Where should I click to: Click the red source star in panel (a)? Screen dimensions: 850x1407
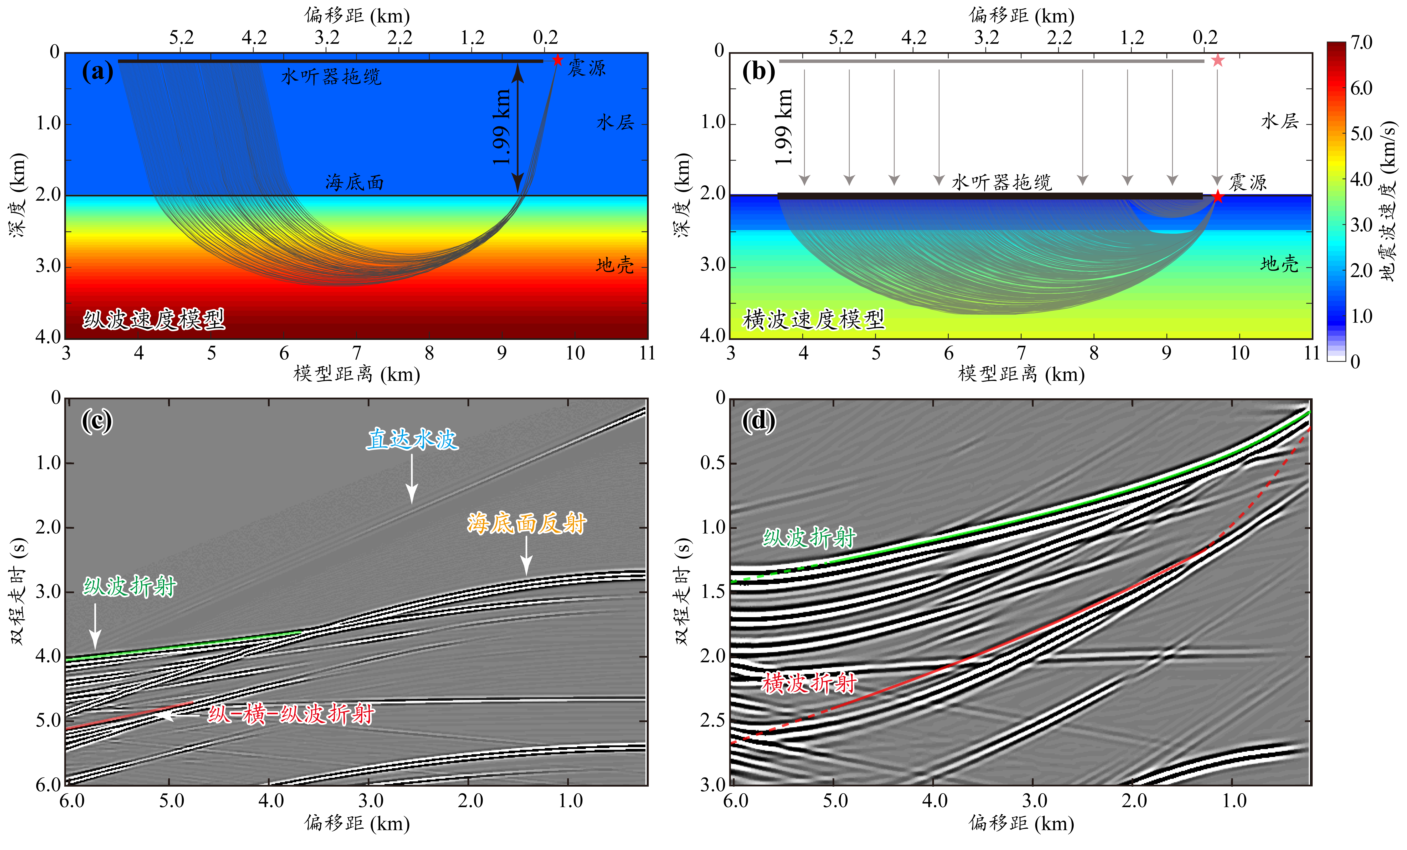pos(557,60)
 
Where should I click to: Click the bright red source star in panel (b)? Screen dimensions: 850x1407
pos(1217,197)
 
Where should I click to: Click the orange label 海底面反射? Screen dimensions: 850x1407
pos(526,523)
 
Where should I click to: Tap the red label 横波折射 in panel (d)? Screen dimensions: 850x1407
pos(809,683)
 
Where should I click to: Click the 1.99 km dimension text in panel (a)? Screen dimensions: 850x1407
pos(501,127)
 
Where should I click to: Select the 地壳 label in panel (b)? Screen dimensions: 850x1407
pos(1279,264)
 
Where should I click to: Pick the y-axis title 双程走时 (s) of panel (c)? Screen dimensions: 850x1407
pos(18,591)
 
